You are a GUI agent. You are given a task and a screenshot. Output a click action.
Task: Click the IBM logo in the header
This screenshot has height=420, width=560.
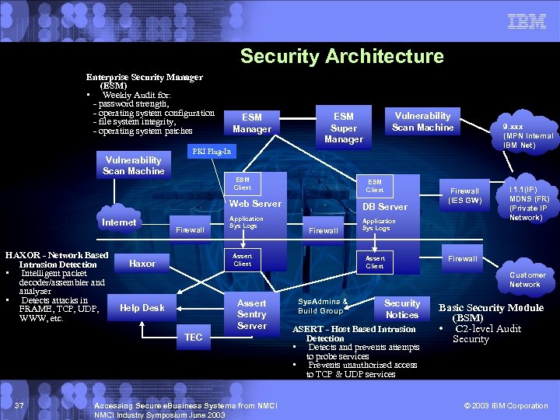(527, 22)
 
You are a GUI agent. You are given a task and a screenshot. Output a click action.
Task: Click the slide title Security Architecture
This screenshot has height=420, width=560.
(341, 56)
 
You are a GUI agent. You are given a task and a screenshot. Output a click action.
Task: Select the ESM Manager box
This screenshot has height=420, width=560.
(252, 123)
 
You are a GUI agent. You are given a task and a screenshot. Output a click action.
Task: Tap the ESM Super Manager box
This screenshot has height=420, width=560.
(344, 128)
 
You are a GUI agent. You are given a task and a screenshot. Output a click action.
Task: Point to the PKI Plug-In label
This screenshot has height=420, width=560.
(212, 150)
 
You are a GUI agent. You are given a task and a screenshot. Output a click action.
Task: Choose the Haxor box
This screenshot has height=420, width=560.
(142, 264)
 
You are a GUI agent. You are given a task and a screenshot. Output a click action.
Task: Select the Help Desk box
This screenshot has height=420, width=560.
(142, 308)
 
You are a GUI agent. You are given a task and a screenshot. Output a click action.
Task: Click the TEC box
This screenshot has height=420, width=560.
(194, 337)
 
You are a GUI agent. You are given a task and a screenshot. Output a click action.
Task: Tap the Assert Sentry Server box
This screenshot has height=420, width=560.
(251, 314)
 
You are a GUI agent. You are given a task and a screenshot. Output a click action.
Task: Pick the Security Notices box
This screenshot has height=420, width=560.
(401, 309)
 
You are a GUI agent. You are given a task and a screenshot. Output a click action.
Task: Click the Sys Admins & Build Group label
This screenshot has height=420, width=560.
(322, 306)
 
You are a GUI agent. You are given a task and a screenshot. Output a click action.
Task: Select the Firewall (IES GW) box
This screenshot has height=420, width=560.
(464, 196)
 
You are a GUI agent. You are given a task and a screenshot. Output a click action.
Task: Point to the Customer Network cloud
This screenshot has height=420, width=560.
(527, 279)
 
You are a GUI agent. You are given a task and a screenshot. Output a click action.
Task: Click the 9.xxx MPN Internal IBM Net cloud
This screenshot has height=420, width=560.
(527, 135)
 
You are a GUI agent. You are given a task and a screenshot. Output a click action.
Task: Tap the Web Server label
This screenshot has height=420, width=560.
(254, 204)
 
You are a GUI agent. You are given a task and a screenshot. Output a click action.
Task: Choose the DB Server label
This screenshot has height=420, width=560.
(384, 206)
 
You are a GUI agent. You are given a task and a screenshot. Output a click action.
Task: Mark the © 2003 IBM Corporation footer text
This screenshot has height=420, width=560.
(506, 406)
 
